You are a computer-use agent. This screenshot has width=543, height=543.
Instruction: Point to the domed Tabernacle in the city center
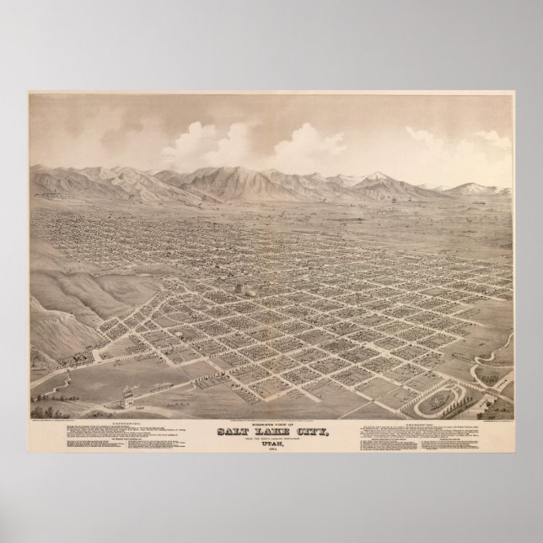point(245,288)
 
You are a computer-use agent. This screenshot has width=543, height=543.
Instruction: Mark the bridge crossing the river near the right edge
point(497,385)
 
